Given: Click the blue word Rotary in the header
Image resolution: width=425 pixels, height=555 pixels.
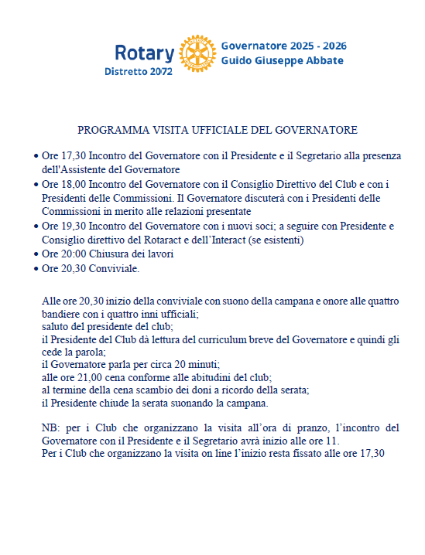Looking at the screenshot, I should click(144, 53).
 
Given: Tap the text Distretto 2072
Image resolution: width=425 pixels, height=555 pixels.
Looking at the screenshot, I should click(139, 72).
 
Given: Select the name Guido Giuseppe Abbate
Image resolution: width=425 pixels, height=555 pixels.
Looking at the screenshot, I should click(282, 60).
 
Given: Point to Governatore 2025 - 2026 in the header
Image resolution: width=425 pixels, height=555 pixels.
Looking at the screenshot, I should click(283, 46).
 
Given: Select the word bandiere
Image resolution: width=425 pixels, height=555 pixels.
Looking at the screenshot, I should click(62, 315).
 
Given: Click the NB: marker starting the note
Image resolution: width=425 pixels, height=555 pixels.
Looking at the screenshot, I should click(50, 427).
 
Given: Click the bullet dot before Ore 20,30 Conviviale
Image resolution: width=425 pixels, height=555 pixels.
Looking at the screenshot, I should click(37, 269).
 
